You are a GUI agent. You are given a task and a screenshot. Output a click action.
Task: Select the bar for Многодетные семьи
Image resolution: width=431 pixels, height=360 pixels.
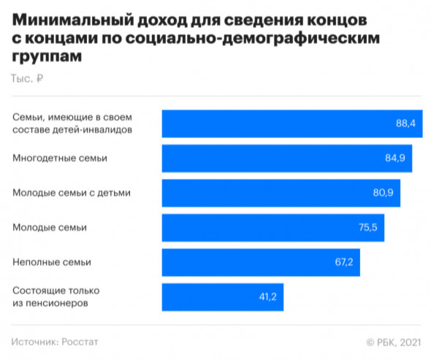coord(286,158)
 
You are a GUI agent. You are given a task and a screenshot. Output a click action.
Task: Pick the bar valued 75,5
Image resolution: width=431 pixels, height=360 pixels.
coord(272,228)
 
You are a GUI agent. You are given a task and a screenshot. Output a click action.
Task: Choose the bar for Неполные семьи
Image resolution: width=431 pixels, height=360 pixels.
coord(260,262)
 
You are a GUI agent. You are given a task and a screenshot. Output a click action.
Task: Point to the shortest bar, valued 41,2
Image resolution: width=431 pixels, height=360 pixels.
coord(222,297)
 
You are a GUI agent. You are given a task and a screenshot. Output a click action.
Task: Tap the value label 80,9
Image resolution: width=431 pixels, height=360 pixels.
coord(384,193)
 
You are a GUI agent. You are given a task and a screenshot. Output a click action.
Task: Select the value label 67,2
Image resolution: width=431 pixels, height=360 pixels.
coord(344,262)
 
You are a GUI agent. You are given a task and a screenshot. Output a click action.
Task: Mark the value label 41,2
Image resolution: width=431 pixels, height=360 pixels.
coord(267,297)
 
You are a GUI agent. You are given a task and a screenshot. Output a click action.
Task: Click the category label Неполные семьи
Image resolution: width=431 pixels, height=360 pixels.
coord(52,262)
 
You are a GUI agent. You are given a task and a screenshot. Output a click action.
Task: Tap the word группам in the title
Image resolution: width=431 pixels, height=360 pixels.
coord(46,55)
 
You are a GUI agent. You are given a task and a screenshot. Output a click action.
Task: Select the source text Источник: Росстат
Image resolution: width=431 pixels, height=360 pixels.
coord(55,342)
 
